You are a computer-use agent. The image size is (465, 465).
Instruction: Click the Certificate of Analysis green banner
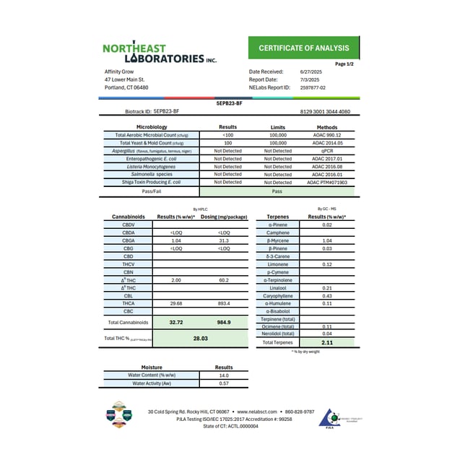pyautogui.click(x=308, y=48)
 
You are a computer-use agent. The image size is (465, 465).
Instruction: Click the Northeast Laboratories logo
pyautogui.click(x=160, y=53)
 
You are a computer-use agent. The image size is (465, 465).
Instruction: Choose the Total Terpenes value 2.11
pyautogui.click(x=327, y=342)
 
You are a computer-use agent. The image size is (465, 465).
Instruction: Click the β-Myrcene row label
pyautogui.click(x=278, y=240)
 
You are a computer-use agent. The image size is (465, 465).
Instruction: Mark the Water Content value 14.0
pyautogui.click(x=224, y=375)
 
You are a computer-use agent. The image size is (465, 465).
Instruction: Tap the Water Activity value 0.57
pyautogui.click(x=224, y=383)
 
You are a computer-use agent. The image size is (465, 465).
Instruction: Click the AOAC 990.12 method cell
pyautogui.click(x=327, y=135)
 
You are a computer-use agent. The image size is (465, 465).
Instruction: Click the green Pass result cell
pyautogui.click(x=277, y=193)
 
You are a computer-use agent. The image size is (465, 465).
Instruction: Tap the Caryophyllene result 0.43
pyautogui.click(x=327, y=295)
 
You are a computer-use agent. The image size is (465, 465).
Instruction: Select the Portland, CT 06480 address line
pyautogui.click(x=126, y=87)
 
